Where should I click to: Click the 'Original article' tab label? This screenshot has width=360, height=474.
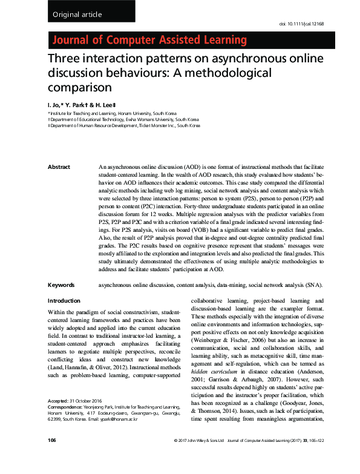(x=77, y=15)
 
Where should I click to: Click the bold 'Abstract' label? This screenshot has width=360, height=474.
(x=59, y=167)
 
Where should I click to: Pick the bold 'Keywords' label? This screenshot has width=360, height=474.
(x=61, y=285)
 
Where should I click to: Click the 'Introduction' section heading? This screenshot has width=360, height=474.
(x=64, y=301)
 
